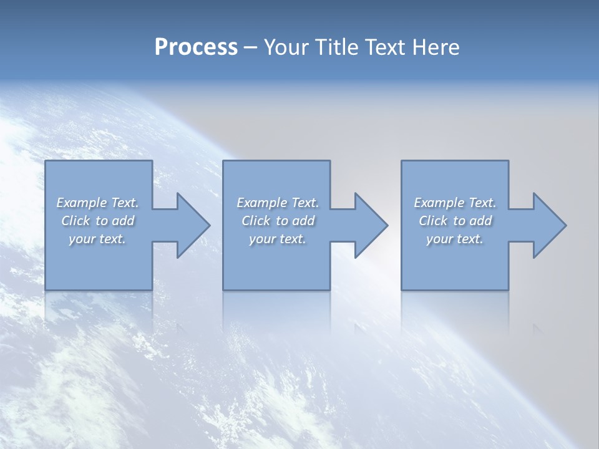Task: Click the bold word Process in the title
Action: tap(196, 47)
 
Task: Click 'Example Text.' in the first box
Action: tap(97, 203)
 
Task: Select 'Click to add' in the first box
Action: tap(97, 221)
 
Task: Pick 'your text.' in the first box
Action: tap(97, 239)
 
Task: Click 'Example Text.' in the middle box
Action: tap(277, 203)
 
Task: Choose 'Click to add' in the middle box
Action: tap(277, 221)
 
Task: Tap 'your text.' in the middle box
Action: tap(277, 239)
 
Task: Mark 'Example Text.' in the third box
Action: tap(454, 203)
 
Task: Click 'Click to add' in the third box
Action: tap(454, 221)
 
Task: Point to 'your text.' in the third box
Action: tap(454, 239)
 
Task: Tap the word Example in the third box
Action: tap(439, 203)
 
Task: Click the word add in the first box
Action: tap(124, 221)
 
